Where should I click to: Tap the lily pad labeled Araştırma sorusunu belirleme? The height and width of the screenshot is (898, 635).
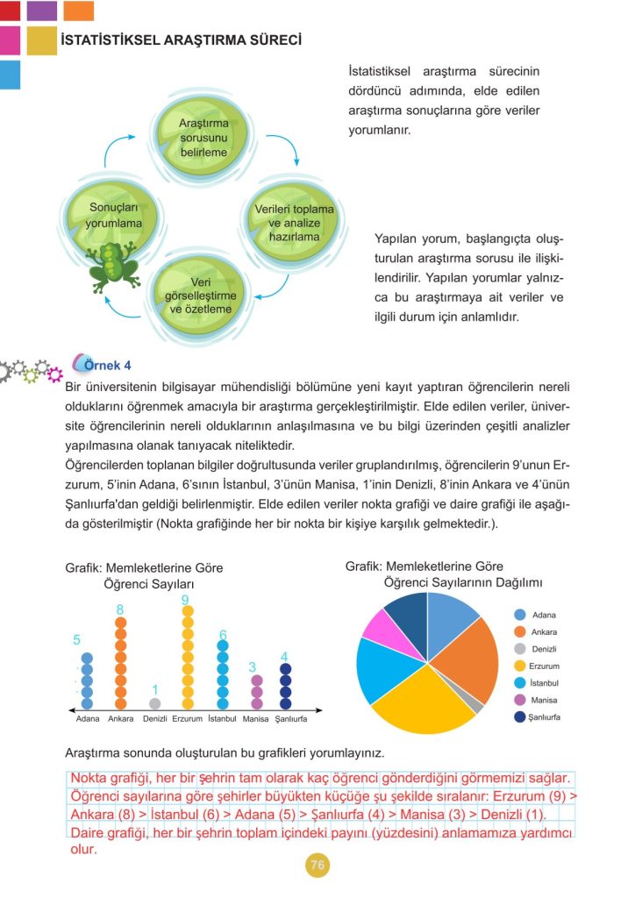pos(204,136)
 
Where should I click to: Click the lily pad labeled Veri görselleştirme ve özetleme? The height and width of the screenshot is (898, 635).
pos(200,296)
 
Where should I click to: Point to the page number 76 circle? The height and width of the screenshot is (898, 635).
pos(317,866)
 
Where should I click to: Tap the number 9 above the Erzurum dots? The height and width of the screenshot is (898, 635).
pos(186,600)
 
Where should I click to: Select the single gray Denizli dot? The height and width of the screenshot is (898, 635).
pos(155,703)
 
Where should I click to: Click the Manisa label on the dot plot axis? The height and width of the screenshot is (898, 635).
pos(255,719)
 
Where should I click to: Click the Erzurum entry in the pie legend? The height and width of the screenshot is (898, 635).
pos(544,666)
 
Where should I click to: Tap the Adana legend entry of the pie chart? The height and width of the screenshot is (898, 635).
pos(543,616)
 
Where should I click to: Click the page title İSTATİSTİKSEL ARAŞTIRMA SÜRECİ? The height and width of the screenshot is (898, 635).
pos(180,40)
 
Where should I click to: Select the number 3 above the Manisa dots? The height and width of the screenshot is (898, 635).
pos(253,667)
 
